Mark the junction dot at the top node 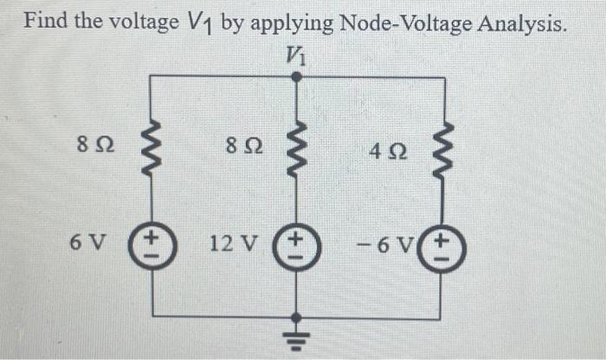pos(296,77)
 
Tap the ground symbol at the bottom pos(296,337)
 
